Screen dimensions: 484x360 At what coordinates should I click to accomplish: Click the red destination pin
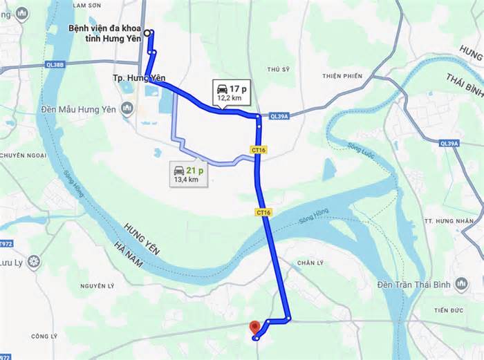(255, 326)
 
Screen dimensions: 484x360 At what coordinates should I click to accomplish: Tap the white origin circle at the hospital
(147, 32)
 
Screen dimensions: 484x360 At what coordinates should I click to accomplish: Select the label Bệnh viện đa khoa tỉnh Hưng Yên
(104, 33)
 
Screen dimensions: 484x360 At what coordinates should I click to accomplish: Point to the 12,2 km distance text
(229, 98)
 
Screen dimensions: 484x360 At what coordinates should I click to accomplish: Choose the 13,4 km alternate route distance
(184, 180)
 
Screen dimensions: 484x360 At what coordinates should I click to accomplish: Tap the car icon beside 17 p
(222, 88)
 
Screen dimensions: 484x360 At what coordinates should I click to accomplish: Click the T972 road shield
(6, 244)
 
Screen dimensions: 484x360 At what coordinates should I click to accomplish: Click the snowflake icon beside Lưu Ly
(33, 262)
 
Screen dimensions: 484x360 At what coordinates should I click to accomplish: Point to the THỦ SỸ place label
(278, 69)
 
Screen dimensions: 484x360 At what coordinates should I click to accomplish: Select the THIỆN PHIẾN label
(342, 75)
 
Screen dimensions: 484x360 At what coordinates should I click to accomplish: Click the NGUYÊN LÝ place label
(97, 285)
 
